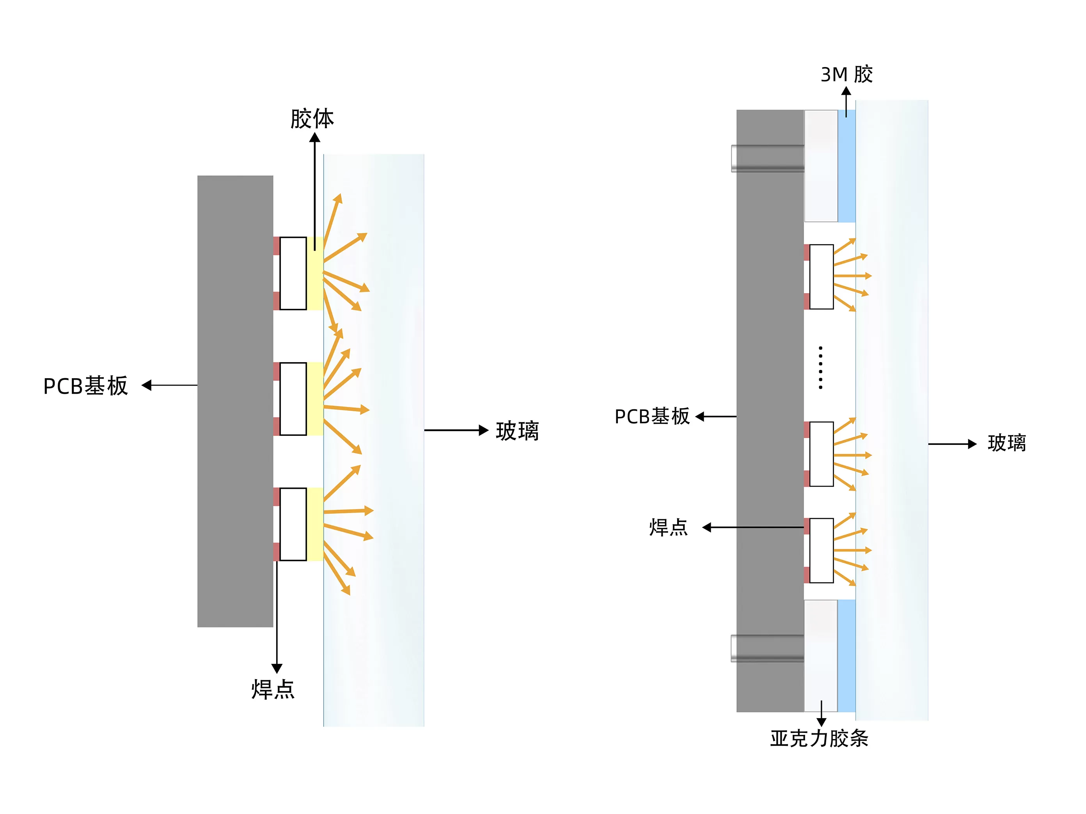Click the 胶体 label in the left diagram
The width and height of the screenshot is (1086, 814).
pyautogui.click(x=312, y=119)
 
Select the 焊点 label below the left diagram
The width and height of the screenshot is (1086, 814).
pyautogui.click(x=273, y=689)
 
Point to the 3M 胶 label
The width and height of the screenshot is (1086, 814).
pyautogui.click(x=846, y=74)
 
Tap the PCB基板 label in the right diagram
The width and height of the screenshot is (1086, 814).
pyautogui.click(x=652, y=417)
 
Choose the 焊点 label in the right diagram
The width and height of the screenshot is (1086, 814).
pyautogui.click(x=668, y=527)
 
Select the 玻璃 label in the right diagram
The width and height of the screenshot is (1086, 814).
pyautogui.click(x=1006, y=443)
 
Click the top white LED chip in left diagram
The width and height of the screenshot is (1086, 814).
pyautogui.click(x=293, y=273)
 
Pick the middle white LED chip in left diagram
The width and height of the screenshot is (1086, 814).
pyautogui.click(x=293, y=399)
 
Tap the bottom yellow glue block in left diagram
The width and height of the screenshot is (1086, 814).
pyautogui.click(x=315, y=524)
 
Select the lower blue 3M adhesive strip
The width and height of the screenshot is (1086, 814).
pyautogui.click(x=846, y=655)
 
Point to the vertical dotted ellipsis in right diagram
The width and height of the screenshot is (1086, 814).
pyautogui.click(x=820, y=368)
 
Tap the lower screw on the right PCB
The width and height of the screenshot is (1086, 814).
pyautogui.click(x=767, y=648)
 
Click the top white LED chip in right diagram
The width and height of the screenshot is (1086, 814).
pyautogui.click(x=822, y=277)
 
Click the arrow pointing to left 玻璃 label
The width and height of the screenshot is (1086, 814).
pyautogui.click(x=456, y=430)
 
